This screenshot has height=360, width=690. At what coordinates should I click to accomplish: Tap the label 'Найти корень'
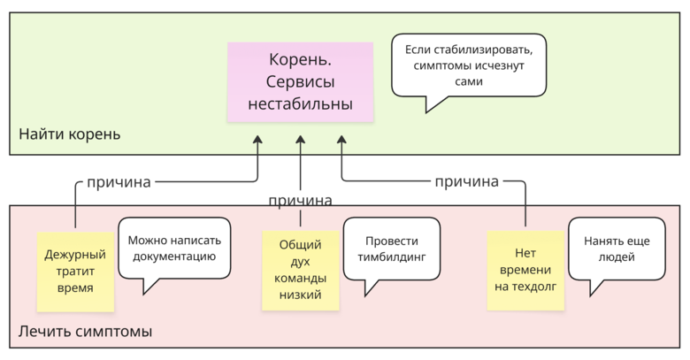tap(70, 134)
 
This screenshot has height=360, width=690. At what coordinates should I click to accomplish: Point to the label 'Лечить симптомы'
tap(85, 332)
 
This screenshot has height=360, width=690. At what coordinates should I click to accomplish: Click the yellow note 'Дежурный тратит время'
tap(75, 271)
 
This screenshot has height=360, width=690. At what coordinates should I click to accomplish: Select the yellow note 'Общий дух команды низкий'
tap(300, 270)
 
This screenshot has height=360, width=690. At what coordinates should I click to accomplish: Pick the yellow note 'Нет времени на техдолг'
tap(525, 270)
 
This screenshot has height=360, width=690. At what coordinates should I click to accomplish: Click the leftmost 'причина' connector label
tap(119, 182)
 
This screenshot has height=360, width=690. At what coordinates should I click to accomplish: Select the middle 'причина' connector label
tap(300, 201)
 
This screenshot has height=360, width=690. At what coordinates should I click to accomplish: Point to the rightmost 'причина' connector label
tap(466, 182)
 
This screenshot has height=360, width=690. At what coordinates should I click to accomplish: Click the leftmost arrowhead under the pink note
tap(258, 139)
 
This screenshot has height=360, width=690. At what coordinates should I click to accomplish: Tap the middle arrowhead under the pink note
tap(300, 139)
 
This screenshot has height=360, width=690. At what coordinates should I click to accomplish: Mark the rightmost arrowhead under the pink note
tap(341, 139)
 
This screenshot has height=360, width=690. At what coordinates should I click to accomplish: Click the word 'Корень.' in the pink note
tap(300, 61)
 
